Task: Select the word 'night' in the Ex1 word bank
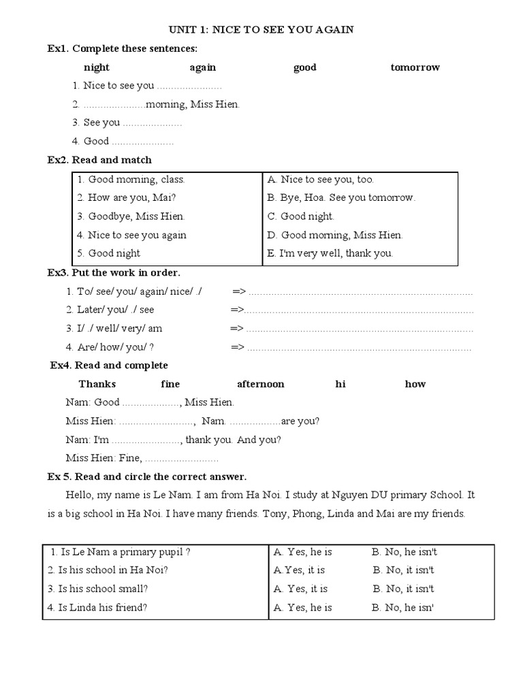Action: pyautogui.click(x=97, y=67)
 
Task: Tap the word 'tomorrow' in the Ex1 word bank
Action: pyautogui.click(x=415, y=67)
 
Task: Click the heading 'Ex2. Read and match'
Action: pyautogui.click(x=99, y=160)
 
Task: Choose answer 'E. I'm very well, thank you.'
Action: pyautogui.click(x=330, y=253)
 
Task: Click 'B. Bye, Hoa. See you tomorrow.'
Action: pyautogui.click(x=341, y=198)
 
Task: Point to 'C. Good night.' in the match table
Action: pyautogui.click(x=300, y=216)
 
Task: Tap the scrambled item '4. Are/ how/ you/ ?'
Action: pyautogui.click(x=110, y=347)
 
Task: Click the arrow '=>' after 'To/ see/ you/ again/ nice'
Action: pyautogui.click(x=238, y=291)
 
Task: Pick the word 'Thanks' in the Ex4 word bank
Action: pyautogui.click(x=97, y=384)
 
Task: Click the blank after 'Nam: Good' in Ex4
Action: pyautogui.click(x=150, y=403)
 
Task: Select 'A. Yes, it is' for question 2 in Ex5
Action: pyautogui.click(x=299, y=570)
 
